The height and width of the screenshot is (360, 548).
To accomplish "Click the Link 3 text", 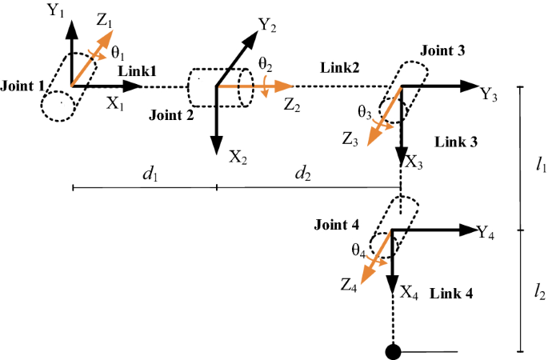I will [x=456, y=142].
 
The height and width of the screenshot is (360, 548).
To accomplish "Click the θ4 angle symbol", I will [x=358, y=250].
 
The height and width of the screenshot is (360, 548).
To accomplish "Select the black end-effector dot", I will [x=393, y=350].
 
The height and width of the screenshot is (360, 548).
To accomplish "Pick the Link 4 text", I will [x=451, y=294].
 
